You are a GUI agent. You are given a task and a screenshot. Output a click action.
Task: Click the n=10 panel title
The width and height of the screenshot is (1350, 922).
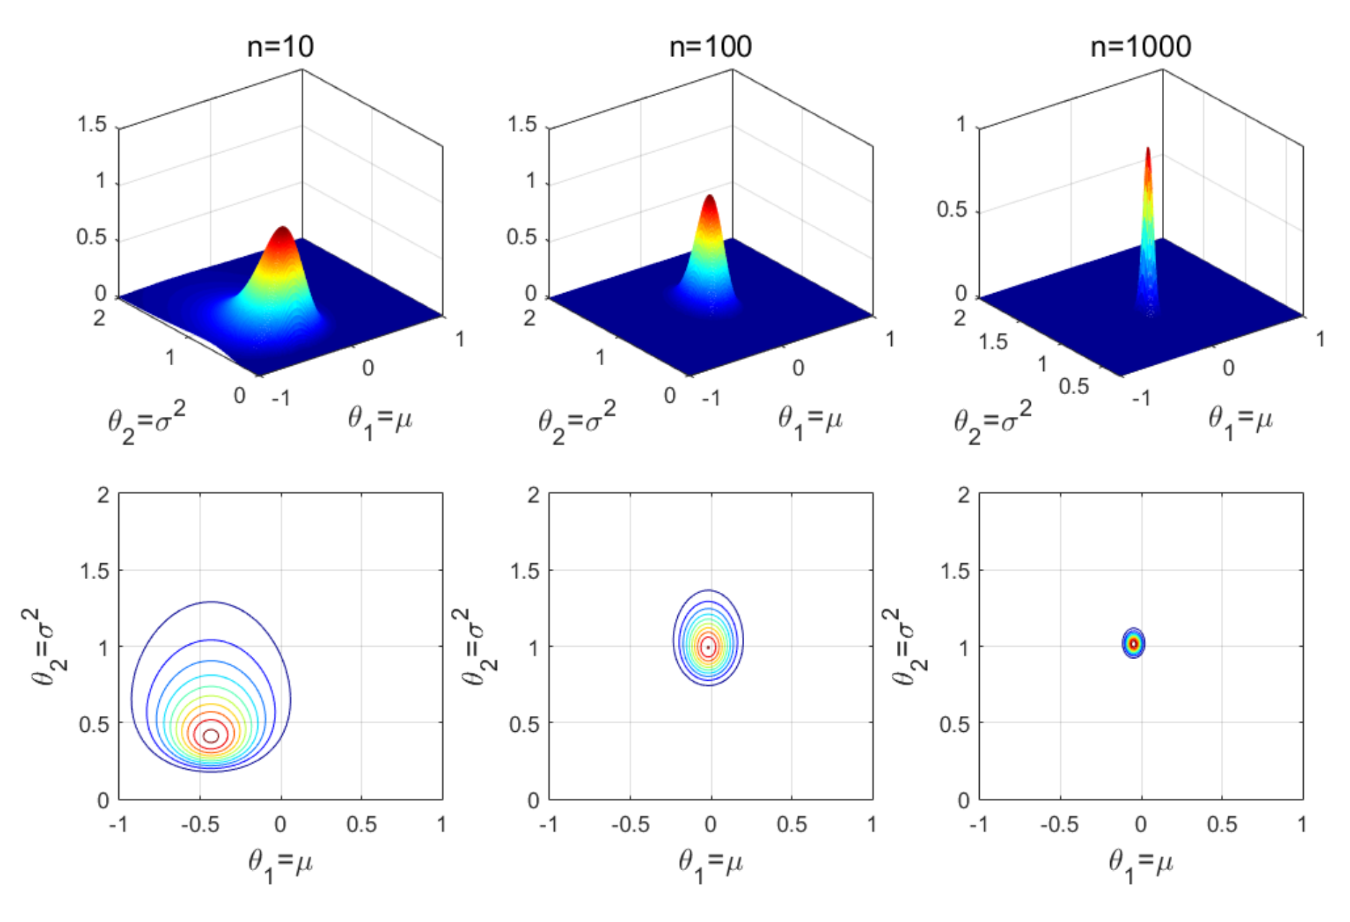(280, 48)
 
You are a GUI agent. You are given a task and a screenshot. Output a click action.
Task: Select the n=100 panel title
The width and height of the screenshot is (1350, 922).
(710, 48)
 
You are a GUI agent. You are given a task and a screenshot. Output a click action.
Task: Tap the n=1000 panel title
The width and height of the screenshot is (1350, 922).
(1140, 48)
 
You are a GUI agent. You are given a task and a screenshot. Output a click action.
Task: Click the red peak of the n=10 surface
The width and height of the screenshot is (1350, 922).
(282, 230)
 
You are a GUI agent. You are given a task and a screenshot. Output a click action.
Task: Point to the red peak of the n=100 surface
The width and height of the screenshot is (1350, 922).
(710, 198)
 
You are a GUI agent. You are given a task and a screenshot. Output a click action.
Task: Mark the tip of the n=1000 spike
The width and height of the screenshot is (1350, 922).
(1148, 150)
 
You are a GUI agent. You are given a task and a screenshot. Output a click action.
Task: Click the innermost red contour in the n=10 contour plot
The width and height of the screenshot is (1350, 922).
(211, 735)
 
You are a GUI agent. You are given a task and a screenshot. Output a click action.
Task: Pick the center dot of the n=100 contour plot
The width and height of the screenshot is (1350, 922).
(709, 647)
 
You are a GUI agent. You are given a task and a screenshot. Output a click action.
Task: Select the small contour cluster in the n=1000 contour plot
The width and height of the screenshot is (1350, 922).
(1134, 643)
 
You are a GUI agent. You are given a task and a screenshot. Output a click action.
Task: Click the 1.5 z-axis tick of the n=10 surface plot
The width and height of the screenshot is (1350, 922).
(91, 125)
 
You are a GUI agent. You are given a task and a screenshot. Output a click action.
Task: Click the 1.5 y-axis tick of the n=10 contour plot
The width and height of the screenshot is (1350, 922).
(94, 571)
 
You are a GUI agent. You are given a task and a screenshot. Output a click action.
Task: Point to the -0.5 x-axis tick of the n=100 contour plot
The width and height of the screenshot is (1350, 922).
(630, 824)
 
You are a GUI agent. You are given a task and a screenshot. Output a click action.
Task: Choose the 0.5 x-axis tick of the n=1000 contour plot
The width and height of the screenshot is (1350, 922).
(1222, 824)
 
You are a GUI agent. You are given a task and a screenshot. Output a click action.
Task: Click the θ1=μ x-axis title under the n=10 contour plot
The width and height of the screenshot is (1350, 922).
(280, 864)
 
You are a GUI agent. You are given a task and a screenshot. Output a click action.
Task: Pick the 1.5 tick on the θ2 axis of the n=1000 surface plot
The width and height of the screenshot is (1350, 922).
(993, 341)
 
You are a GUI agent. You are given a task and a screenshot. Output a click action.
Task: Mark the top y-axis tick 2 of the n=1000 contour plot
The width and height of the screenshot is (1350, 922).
(963, 495)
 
